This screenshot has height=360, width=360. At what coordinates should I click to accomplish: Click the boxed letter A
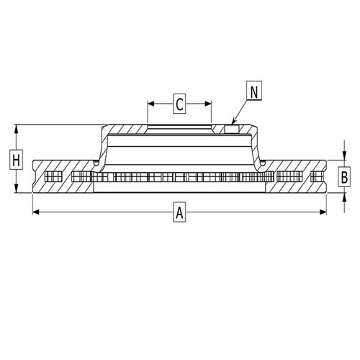pos(180,212)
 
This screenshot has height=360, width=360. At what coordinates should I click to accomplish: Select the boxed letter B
pos(345,176)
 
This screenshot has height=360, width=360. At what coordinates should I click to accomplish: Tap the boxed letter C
pos(180,104)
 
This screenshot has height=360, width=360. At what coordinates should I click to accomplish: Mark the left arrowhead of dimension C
pos(150,104)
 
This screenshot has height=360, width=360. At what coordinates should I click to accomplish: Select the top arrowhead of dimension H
pos(16,127)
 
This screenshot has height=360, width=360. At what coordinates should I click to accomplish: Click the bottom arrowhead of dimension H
pos(16,191)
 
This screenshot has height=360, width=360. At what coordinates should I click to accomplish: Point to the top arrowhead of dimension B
pos(345,161)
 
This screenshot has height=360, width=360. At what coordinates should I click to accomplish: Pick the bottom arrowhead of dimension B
pos(345,191)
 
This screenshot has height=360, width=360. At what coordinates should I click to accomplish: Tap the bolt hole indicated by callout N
pos(233,130)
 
